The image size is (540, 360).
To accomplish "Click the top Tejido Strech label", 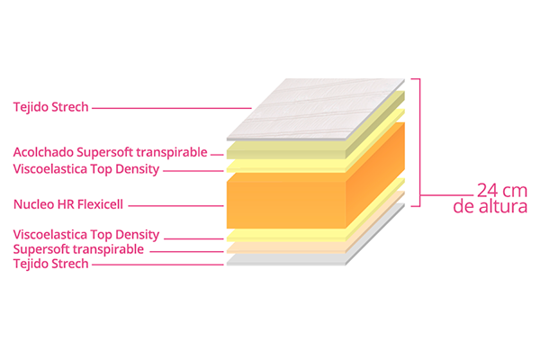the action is click(x=51, y=107).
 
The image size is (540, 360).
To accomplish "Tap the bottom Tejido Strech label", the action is click(x=51, y=264).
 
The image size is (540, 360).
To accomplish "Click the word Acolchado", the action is click(x=43, y=152).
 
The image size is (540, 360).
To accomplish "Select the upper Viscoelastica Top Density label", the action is click(x=86, y=169).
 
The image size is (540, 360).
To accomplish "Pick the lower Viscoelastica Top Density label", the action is click(x=86, y=235).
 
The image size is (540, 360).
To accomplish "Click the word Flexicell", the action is click(x=100, y=204).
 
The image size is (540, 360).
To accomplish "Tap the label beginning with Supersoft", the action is click(x=78, y=249).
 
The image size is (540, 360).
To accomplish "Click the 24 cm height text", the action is click(x=502, y=190).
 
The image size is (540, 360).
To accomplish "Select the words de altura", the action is click(x=490, y=206).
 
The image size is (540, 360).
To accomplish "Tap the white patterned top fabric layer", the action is click(x=316, y=109).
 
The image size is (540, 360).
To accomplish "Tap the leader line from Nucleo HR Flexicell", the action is click(x=176, y=206).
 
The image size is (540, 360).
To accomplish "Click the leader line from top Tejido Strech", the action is click(x=172, y=108).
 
